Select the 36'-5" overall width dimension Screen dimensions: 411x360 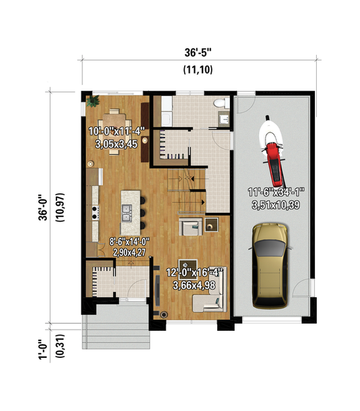(197, 52)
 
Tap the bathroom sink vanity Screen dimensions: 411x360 (224, 118)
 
